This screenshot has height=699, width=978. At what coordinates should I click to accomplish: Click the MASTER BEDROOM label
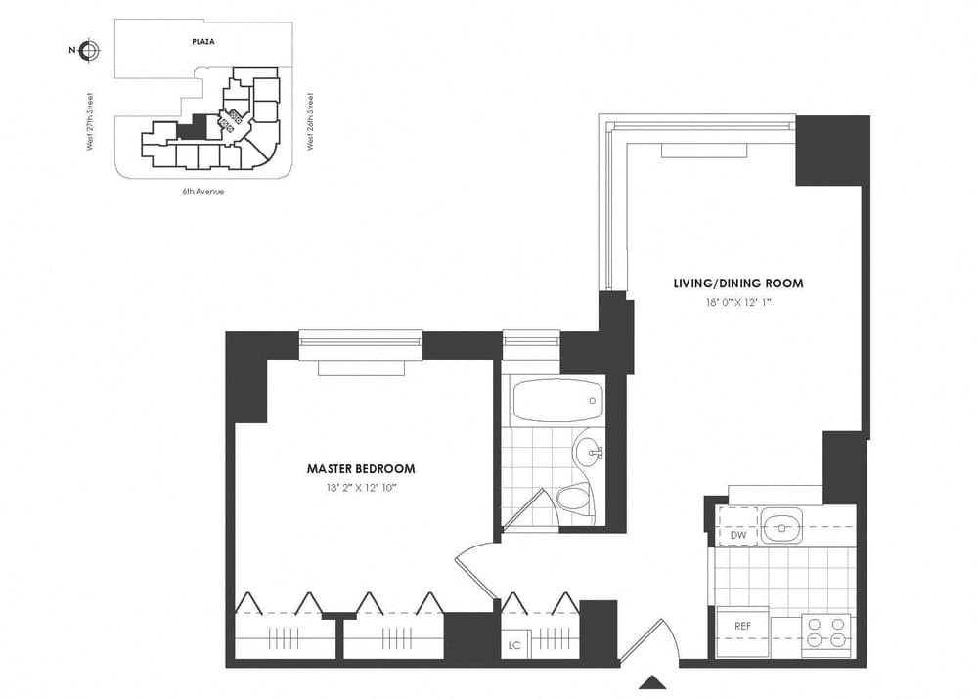[361, 468]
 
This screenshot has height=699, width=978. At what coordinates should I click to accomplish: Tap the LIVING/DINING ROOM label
[737, 284]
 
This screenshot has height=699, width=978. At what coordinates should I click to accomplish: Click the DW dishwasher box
[738, 535]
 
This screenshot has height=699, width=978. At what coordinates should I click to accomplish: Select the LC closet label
[514, 645]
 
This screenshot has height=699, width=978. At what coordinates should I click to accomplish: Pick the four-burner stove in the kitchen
[826, 633]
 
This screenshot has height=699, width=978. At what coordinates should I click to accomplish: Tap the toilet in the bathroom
[573, 500]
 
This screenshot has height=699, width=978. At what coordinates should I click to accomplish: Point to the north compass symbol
[89, 51]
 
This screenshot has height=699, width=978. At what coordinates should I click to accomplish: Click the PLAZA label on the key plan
[202, 42]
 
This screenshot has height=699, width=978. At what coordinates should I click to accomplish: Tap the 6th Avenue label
[202, 191]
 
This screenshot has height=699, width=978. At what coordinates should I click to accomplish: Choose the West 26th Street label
[310, 121]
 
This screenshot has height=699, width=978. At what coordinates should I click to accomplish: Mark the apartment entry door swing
[645, 640]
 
